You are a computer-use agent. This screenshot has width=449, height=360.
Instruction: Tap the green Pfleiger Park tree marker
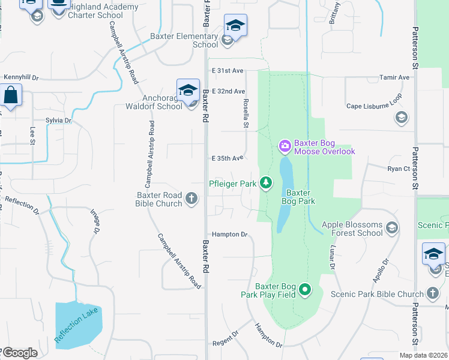click(265, 183)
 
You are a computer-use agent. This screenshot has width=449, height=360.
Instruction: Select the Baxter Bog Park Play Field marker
click(305, 291)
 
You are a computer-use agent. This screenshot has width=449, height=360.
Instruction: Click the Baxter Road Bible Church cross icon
click(191, 198)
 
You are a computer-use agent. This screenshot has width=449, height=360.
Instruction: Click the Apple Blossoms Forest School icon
click(392, 227)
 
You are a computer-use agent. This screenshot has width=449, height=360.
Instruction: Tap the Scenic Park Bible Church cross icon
click(433, 294)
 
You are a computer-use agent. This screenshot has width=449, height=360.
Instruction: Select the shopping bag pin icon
click(11, 95)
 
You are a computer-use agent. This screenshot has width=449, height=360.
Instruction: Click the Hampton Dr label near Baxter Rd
click(229, 235)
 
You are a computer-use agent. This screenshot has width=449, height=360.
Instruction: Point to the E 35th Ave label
click(228, 158)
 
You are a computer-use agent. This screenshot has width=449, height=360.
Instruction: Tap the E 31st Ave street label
click(228, 71)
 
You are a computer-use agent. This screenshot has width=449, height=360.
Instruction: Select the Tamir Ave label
click(394, 77)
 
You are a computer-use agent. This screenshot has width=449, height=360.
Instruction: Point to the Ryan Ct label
click(399, 169)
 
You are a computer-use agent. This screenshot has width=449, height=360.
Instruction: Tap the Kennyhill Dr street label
click(21, 77)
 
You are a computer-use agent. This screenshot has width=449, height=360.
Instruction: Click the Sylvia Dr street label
click(59, 121)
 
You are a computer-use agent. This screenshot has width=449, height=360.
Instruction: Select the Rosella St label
click(246, 113)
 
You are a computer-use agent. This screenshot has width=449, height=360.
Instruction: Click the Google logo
click(19, 353)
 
